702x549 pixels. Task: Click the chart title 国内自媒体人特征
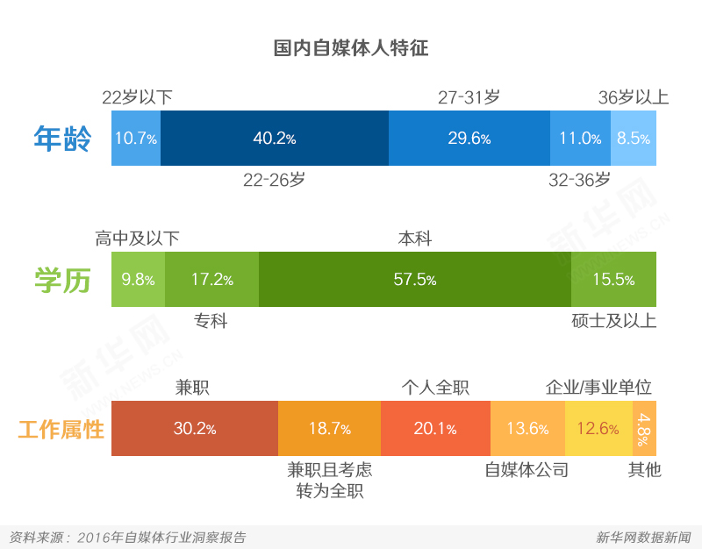[x=350, y=47]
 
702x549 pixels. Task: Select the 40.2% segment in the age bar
[x=274, y=139]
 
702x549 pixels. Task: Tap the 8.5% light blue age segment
[x=633, y=139]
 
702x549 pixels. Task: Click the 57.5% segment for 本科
[x=414, y=280]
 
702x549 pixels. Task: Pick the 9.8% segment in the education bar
[x=138, y=280]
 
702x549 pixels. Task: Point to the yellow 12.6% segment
[x=598, y=429]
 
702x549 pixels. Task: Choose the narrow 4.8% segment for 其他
[x=644, y=429]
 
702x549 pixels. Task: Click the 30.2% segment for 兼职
[x=194, y=429]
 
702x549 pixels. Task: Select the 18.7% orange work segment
[x=329, y=429]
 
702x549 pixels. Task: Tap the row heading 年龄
[x=61, y=139]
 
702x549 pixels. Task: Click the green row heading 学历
[x=61, y=280]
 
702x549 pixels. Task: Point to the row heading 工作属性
[x=61, y=430]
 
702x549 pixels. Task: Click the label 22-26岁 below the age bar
[x=274, y=180]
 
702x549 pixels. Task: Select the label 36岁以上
[x=633, y=97]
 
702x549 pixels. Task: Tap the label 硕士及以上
[x=612, y=320]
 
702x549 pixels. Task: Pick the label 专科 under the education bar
[x=211, y=321]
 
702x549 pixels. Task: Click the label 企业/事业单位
[x=598, y=388]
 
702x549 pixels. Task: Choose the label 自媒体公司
[x=526, y=470]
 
